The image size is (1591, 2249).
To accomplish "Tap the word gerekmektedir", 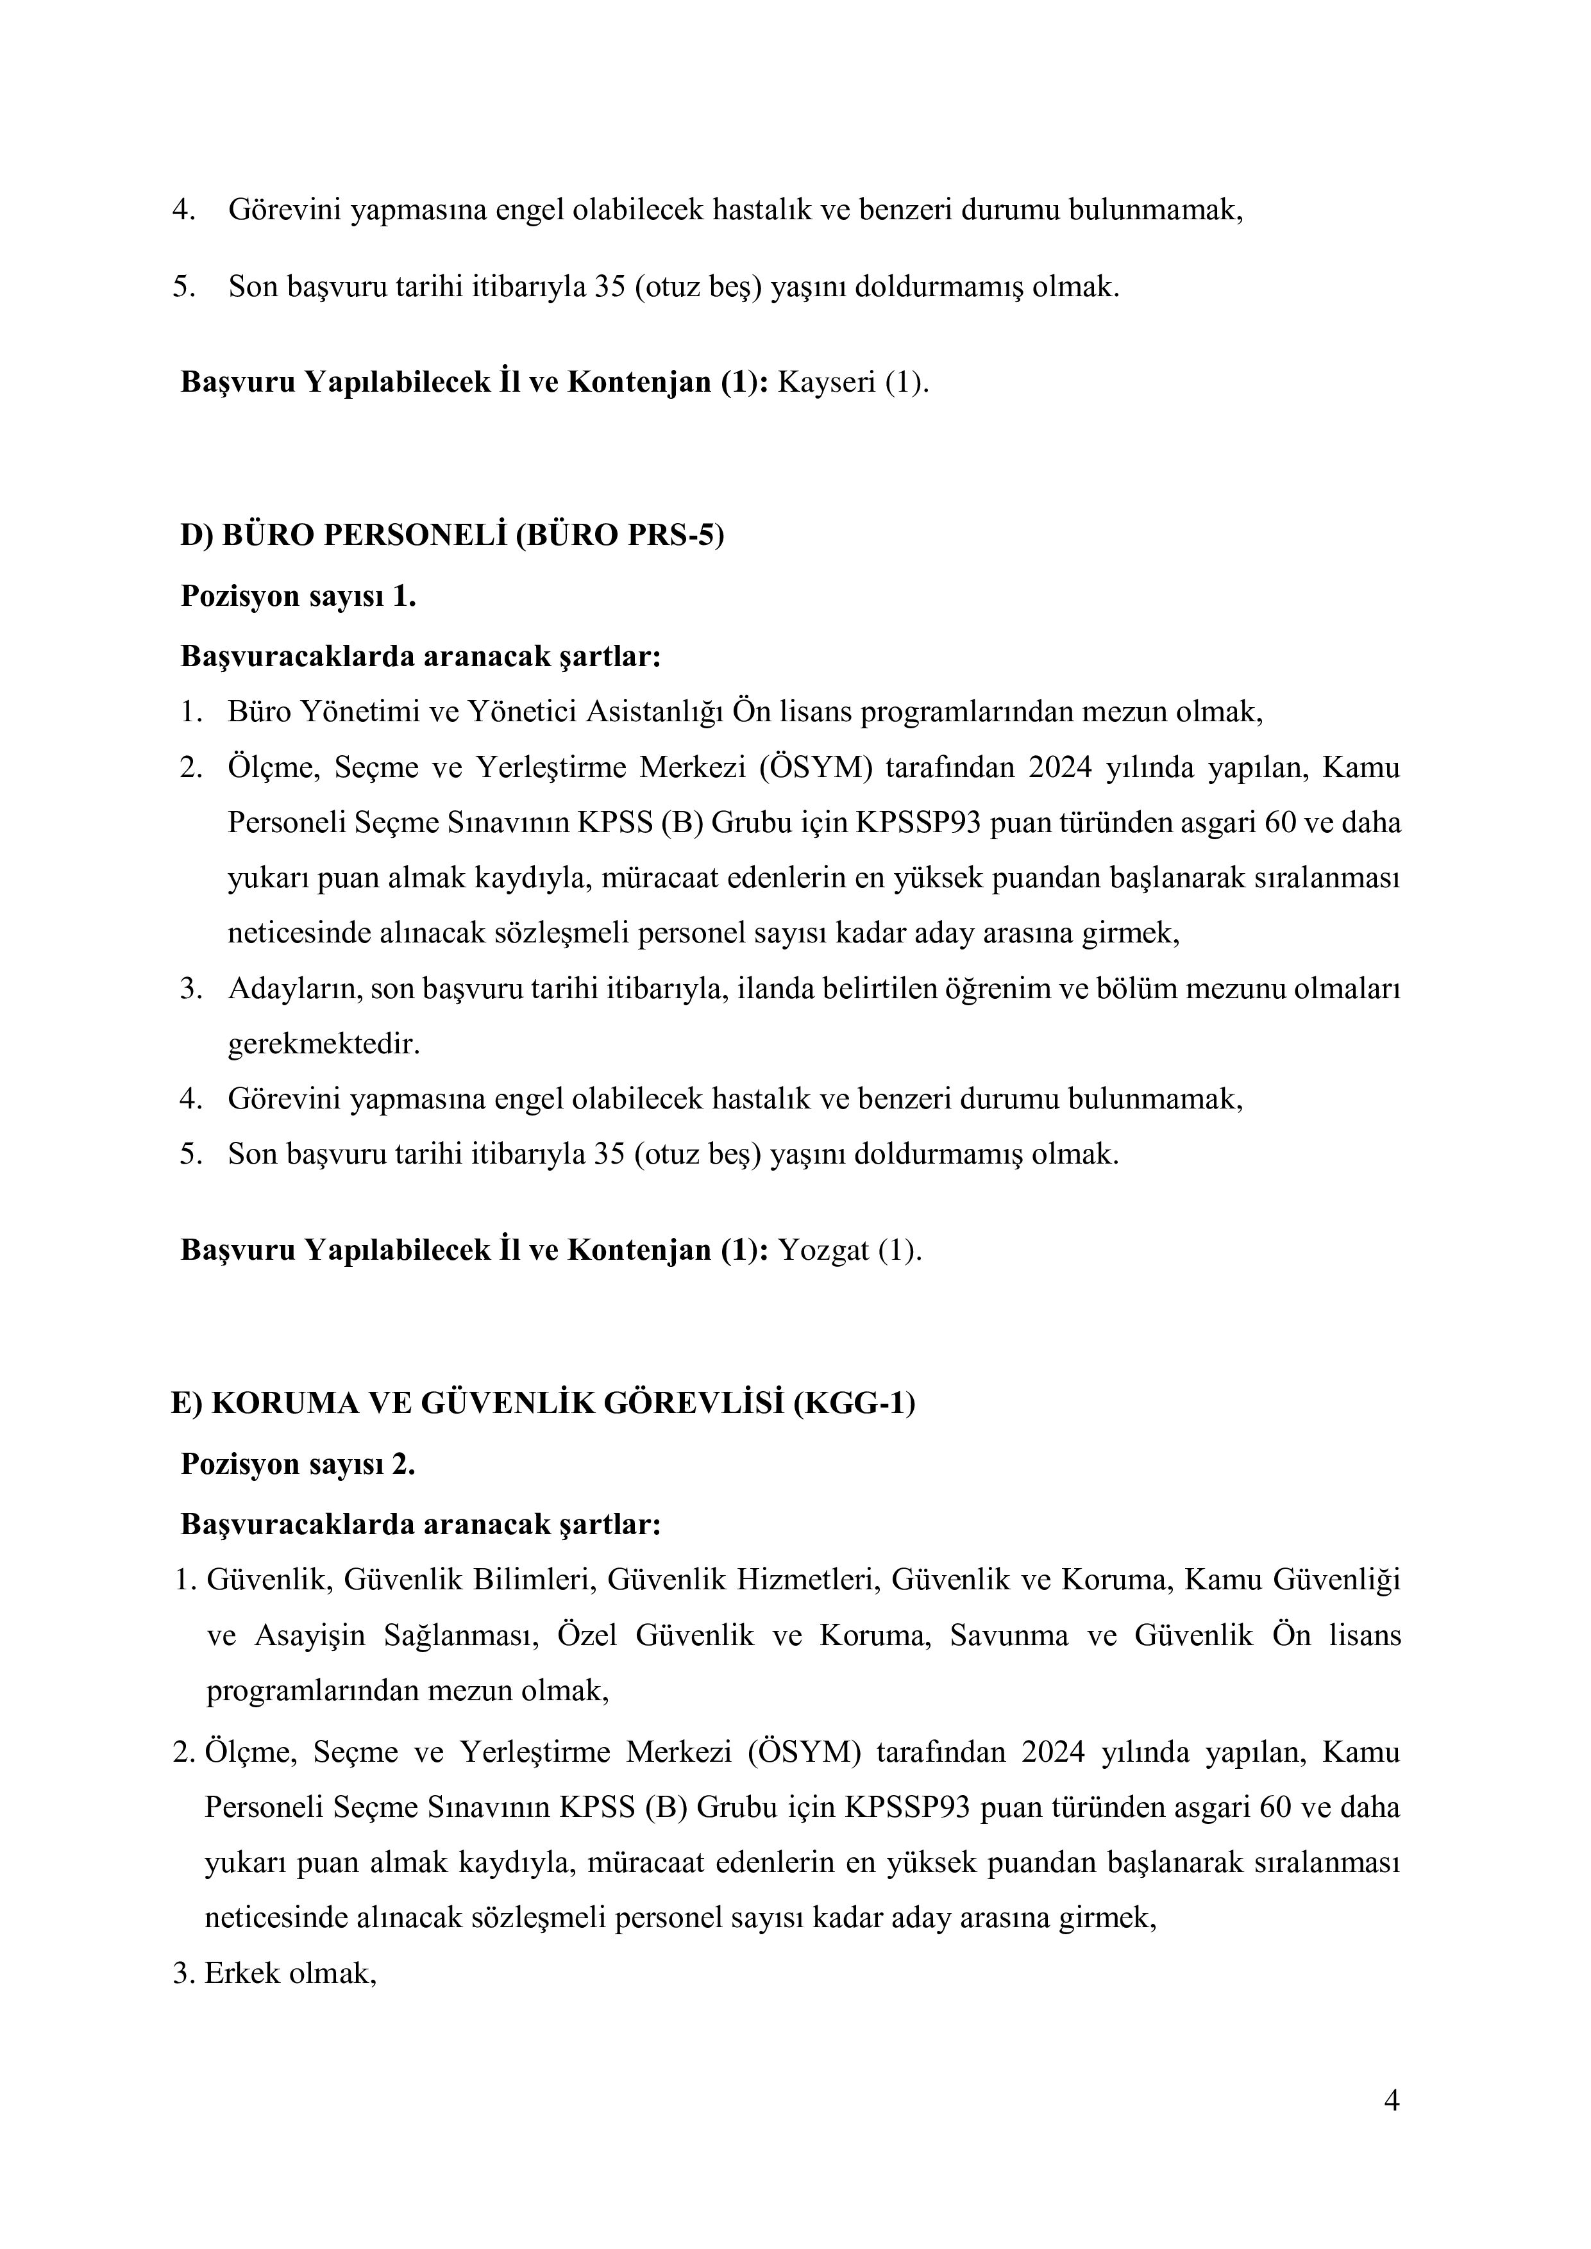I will point(323,1044).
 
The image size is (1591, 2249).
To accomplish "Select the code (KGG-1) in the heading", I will point(854,1403).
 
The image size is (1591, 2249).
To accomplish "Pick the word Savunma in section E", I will point(1009,1636).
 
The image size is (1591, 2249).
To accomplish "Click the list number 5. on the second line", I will point(184,287).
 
